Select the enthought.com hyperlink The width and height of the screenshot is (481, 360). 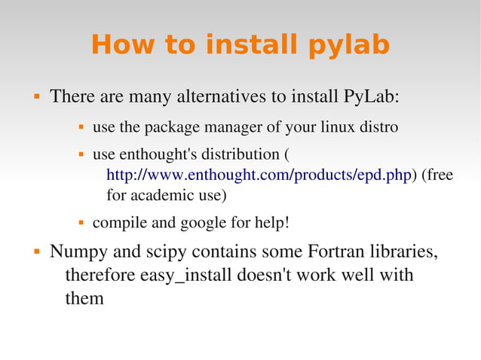pyautogui.click(x=260, y=175)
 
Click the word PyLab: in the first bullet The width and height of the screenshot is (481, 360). pyautogui.click(x=371, y=98)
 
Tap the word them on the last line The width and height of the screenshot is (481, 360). pyautogui.click(x=84, y=298)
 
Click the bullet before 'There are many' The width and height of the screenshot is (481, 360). pyautogui.click(x=35, y=98)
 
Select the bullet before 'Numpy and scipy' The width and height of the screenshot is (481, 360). pyautogui.click(x=35, y=251)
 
